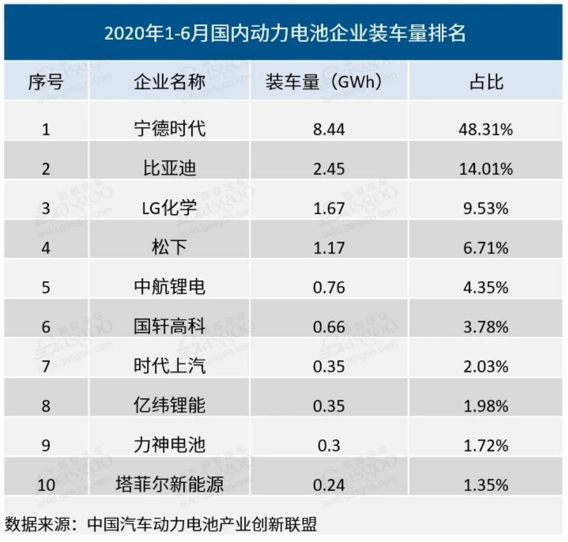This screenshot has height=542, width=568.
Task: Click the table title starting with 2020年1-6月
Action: (285, 33)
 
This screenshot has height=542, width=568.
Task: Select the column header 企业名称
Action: (169, 83)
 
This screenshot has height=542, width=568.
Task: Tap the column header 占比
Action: (486, 83)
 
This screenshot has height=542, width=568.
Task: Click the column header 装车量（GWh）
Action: (328, 83)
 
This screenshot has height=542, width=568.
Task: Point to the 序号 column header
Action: (45, 83)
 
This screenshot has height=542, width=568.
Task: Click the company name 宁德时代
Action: (169, 129)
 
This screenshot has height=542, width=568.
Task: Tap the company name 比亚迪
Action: (169, 168)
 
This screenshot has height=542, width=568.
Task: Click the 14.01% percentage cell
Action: (486, 169)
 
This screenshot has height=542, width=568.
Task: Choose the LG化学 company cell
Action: (169, 208)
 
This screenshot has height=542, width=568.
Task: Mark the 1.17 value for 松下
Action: (328, 248)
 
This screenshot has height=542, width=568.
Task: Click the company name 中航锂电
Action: (169, 287)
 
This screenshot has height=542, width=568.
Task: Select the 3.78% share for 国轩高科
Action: (486, 327)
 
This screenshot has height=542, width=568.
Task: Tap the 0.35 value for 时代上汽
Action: (328, 366)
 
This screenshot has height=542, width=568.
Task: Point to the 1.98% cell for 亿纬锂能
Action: (486, 406)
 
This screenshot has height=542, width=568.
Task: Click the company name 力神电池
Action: (169, 445)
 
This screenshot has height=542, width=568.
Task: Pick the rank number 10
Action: (45, 485)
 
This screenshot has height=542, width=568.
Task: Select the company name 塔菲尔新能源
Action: (169, 485)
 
